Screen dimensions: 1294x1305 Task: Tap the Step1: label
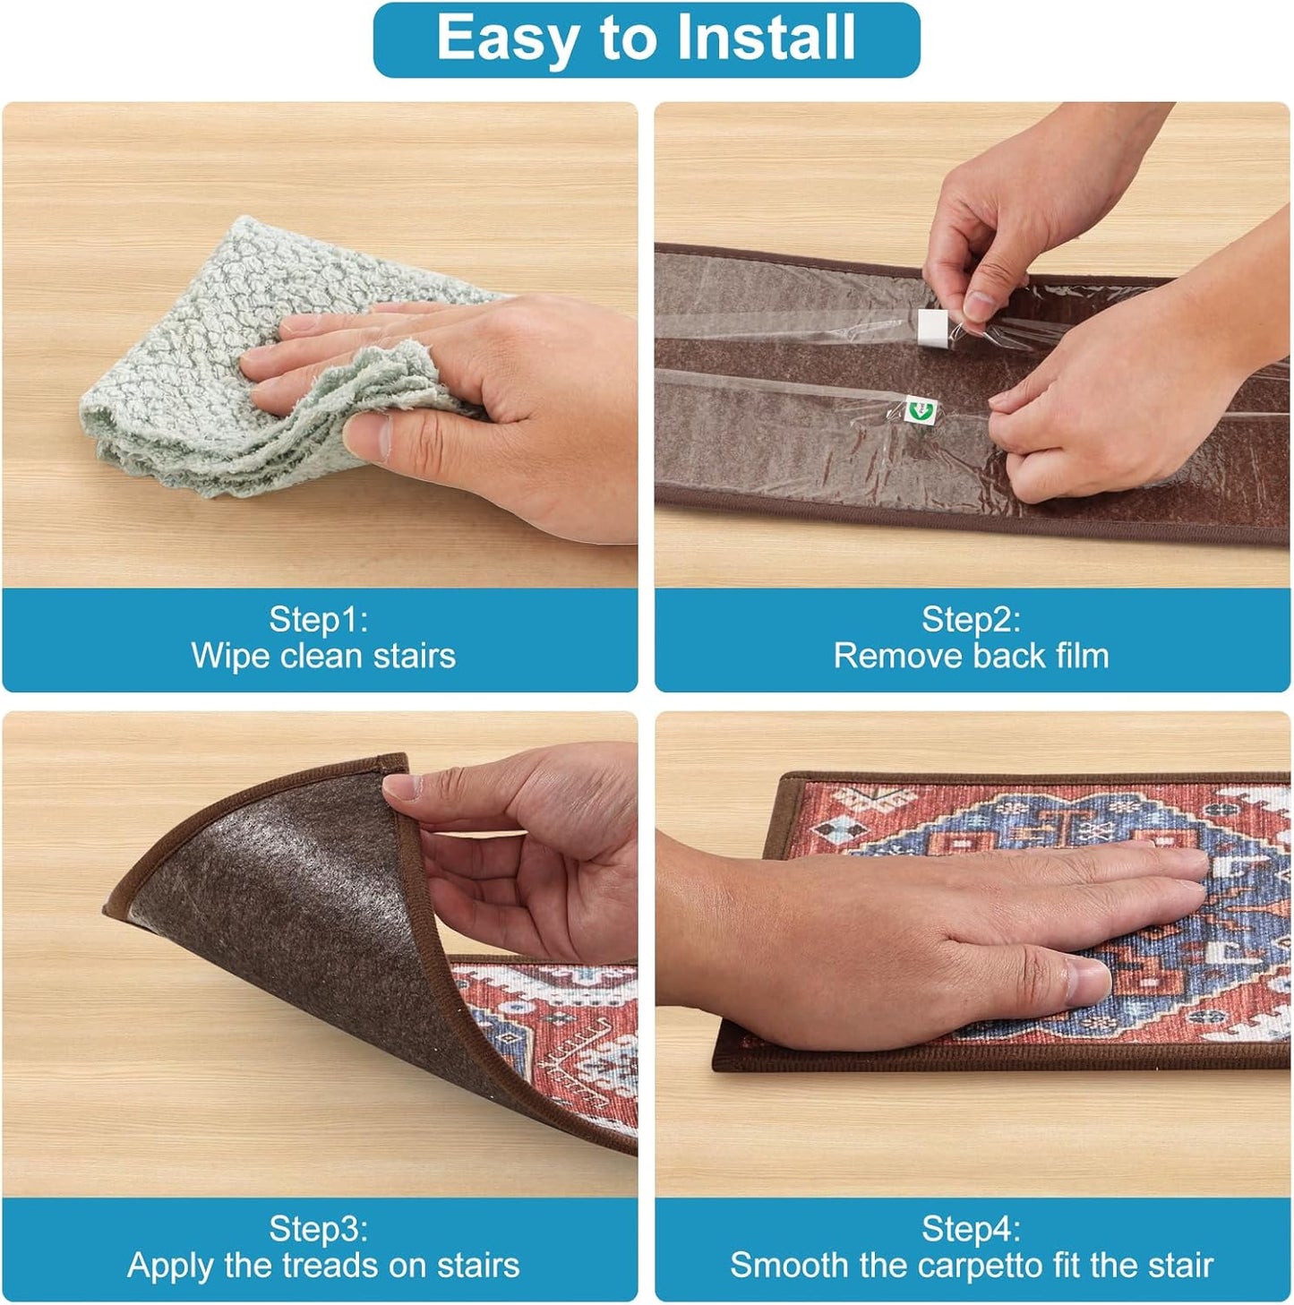point(319,619)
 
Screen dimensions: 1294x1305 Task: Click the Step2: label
point(972,619)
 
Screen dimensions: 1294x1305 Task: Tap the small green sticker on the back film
point(920,410)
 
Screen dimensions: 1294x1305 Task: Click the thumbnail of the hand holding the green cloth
point(320,345)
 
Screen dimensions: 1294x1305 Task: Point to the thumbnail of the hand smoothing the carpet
point(972,954)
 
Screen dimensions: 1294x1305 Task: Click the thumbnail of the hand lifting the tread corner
point(320,954)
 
